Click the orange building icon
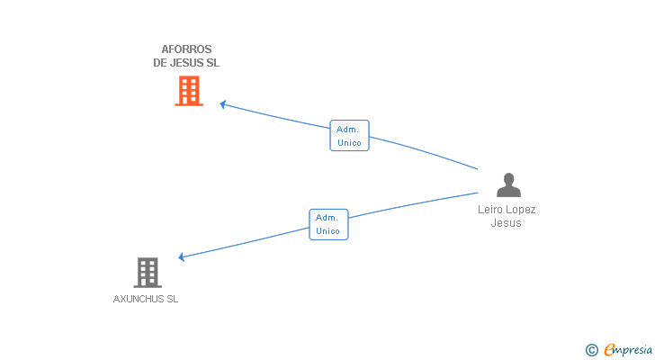coord(189,91)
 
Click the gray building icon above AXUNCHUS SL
coord(148,273)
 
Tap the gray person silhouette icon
coord(508,184)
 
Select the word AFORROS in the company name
coord(186,49)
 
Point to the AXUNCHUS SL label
coord(146,299)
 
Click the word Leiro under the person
coord(490,209)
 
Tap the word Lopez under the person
coord(520,210)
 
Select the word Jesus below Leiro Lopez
coord(506,223)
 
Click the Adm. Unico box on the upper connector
coord(349,135)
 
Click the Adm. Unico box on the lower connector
coord(328,224)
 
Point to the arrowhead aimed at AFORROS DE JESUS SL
coord(223,104)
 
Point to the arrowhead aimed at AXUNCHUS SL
coord(182,256)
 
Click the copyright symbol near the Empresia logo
coord(591,350)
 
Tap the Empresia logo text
coord(628,350)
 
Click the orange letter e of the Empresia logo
coord(610,349)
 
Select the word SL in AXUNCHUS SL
coord(173,299)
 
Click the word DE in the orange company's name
coord(159,63)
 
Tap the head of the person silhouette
coord(509,178)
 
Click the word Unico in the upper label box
coord(349,143)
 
